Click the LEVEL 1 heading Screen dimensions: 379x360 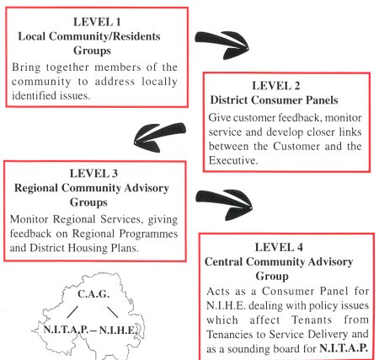[97, 22]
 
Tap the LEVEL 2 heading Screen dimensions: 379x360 [276, 86]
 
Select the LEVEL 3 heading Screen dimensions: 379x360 [93, 174]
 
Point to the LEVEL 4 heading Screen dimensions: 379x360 [279, 247]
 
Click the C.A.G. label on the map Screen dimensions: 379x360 [93, 294]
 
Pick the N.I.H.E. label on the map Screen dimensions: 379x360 [118, 330]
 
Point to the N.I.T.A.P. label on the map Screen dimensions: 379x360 [67, 330]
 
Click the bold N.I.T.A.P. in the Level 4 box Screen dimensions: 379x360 [344, 348]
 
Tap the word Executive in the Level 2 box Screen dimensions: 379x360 [233, 160]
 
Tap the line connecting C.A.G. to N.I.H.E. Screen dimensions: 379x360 [113, 312]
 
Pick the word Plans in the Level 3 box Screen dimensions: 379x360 [125, 248]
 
